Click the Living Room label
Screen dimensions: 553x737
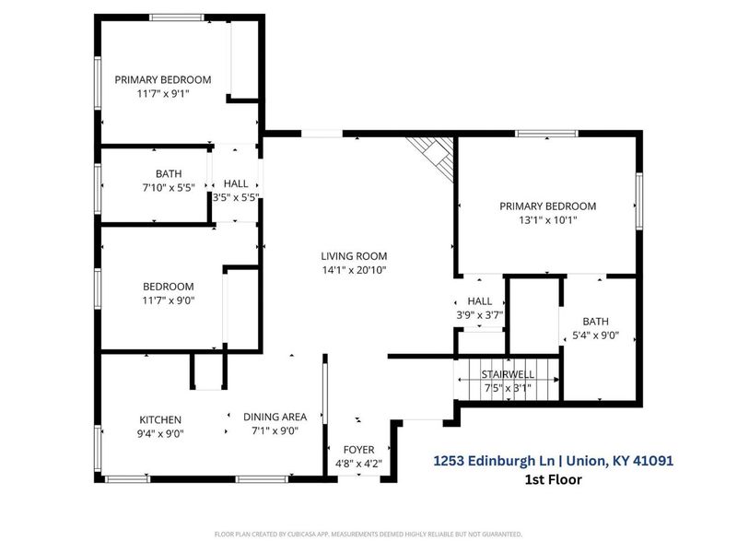(354, 256)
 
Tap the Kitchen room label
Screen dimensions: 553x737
(160, 419)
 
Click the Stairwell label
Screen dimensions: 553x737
(509, 375)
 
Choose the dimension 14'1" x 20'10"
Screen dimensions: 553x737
(354, 270)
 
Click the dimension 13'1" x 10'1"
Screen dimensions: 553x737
(547, 220)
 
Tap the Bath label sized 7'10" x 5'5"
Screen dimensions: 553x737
(169, 173)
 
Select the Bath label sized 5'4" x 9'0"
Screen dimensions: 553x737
(595, 321)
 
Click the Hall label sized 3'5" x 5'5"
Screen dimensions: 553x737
(236, 183)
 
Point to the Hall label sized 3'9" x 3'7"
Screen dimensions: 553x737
(480, 301)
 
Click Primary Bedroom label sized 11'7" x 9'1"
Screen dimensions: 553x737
(163, 79)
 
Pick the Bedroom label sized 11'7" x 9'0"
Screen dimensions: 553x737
(168, 286)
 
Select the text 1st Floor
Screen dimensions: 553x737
(554, 478)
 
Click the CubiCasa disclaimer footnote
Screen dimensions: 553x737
(368, 534)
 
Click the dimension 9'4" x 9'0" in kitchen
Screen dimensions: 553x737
(160, 433)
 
